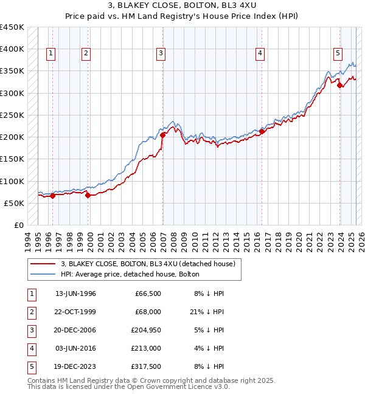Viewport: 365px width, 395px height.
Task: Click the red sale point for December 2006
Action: click(x=163, y=135)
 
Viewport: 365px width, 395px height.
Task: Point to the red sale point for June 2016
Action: click(x=262, y=131)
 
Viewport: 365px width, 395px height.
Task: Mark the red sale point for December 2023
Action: click(x=339, y=86)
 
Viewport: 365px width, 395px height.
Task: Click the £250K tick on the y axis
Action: click(x=12, y=115)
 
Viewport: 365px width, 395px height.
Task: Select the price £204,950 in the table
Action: click(x=148, y=330)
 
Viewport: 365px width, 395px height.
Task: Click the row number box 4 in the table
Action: click(x=30, y=348)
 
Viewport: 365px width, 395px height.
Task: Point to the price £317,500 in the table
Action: click(x=148, y=366)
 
